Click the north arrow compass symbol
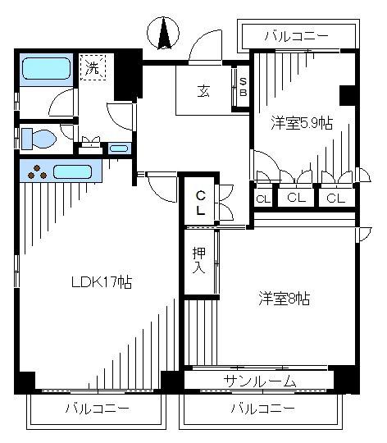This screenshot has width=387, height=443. (163, 33)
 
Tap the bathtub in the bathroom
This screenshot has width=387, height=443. (46, 69)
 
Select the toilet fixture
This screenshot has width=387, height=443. (39, 139)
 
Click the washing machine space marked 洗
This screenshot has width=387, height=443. (93, 67)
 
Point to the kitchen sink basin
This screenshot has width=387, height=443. (72, 171)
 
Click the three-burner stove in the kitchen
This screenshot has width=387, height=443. (37, 172)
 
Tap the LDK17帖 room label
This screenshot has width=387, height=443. (102, 281)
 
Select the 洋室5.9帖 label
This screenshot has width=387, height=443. (302, 123)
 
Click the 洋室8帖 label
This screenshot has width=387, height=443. (285, 299)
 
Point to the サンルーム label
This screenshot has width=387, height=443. (260, 381)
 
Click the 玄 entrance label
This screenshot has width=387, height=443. (203, 91)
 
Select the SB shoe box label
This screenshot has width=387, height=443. (243, 87)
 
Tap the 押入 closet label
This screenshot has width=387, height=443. (198, 261)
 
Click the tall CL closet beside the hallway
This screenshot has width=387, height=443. (200, 201)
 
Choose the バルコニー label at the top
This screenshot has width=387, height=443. (297, 36)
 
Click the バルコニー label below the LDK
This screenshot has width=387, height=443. (98, 409)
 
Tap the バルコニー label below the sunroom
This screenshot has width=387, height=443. (263, 409)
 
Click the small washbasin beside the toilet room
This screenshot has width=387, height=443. (118, 148)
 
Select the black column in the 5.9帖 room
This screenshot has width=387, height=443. (347, 95)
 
